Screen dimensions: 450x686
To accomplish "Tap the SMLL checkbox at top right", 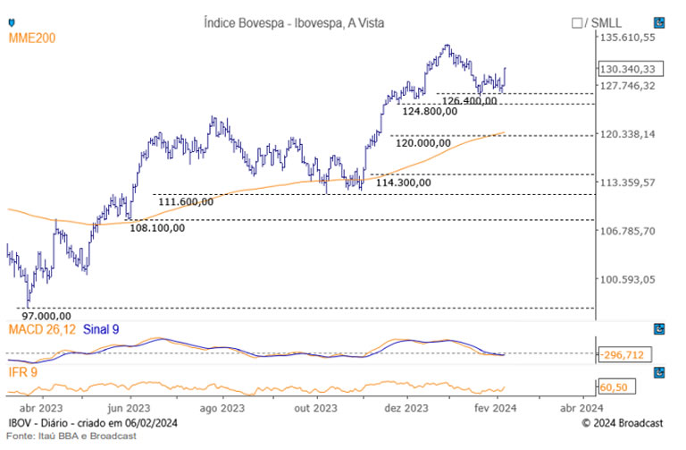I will [x=576, y=22].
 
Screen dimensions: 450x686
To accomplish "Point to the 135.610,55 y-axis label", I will [x=628, y=38].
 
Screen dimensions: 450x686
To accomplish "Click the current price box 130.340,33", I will [x=628, y=69].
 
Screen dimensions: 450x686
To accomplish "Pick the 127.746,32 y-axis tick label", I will [x=628, y=86].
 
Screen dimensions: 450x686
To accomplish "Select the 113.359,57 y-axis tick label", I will [x=628, y=183].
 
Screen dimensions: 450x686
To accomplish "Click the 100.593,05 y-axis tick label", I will [x=628, y=279].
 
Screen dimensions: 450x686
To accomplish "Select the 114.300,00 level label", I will [x=403, y=183].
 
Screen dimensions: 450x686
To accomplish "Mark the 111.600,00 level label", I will [x=186, y=202].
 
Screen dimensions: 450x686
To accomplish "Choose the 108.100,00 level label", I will [x=157, y=227].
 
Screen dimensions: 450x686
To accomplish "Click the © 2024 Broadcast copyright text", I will [x=623, y=421].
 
